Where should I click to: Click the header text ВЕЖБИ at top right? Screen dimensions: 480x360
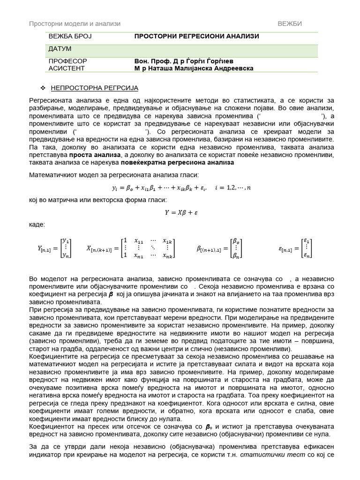click(289, 23)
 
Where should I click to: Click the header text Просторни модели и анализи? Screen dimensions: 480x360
click(75, 23)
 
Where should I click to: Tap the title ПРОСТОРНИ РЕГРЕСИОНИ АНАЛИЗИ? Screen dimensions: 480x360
click(196, 37)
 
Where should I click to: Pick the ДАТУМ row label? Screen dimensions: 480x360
click(60, 49)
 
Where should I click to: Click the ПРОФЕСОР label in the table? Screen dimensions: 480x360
click(67, 61)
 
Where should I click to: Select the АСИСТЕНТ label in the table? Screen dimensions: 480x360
click(67, 68)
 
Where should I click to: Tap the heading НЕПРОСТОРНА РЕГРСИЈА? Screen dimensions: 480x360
click(94, 88)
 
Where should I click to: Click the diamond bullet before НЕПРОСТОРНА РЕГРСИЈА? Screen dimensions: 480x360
click(43, 88)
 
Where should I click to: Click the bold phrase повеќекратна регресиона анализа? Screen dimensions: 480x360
click(177, 162)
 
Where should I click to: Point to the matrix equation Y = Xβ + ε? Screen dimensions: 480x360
click(180, 212)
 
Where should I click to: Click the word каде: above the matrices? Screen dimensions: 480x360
click(37, 225)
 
